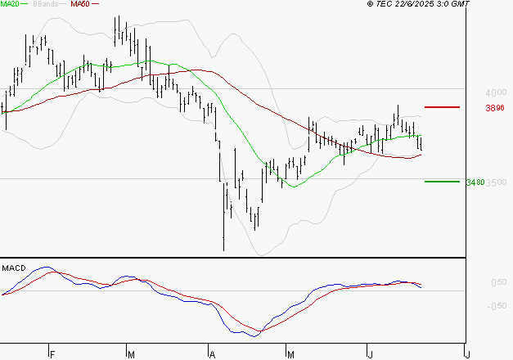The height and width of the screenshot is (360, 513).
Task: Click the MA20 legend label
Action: coord(10,4)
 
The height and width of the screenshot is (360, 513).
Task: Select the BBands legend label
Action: coord(45,4)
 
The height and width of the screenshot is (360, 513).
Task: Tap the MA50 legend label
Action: coord(80,4)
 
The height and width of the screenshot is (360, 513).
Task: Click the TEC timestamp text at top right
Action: coord(419,4)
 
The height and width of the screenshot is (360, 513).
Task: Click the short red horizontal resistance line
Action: coord(443,107)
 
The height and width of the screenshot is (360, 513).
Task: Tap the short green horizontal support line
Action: coord(443,181)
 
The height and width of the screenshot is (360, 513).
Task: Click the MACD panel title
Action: coord(14,268)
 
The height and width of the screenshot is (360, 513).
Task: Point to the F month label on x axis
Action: coord(51,355)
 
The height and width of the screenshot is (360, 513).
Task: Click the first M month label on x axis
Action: coord(131,355)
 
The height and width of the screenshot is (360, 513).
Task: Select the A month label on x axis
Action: coord(211,355)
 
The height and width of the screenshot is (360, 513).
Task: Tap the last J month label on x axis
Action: coord(466,355)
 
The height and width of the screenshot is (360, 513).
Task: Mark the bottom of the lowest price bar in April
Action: coord(223,250)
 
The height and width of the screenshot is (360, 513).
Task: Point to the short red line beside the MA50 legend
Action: coord(95,4)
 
